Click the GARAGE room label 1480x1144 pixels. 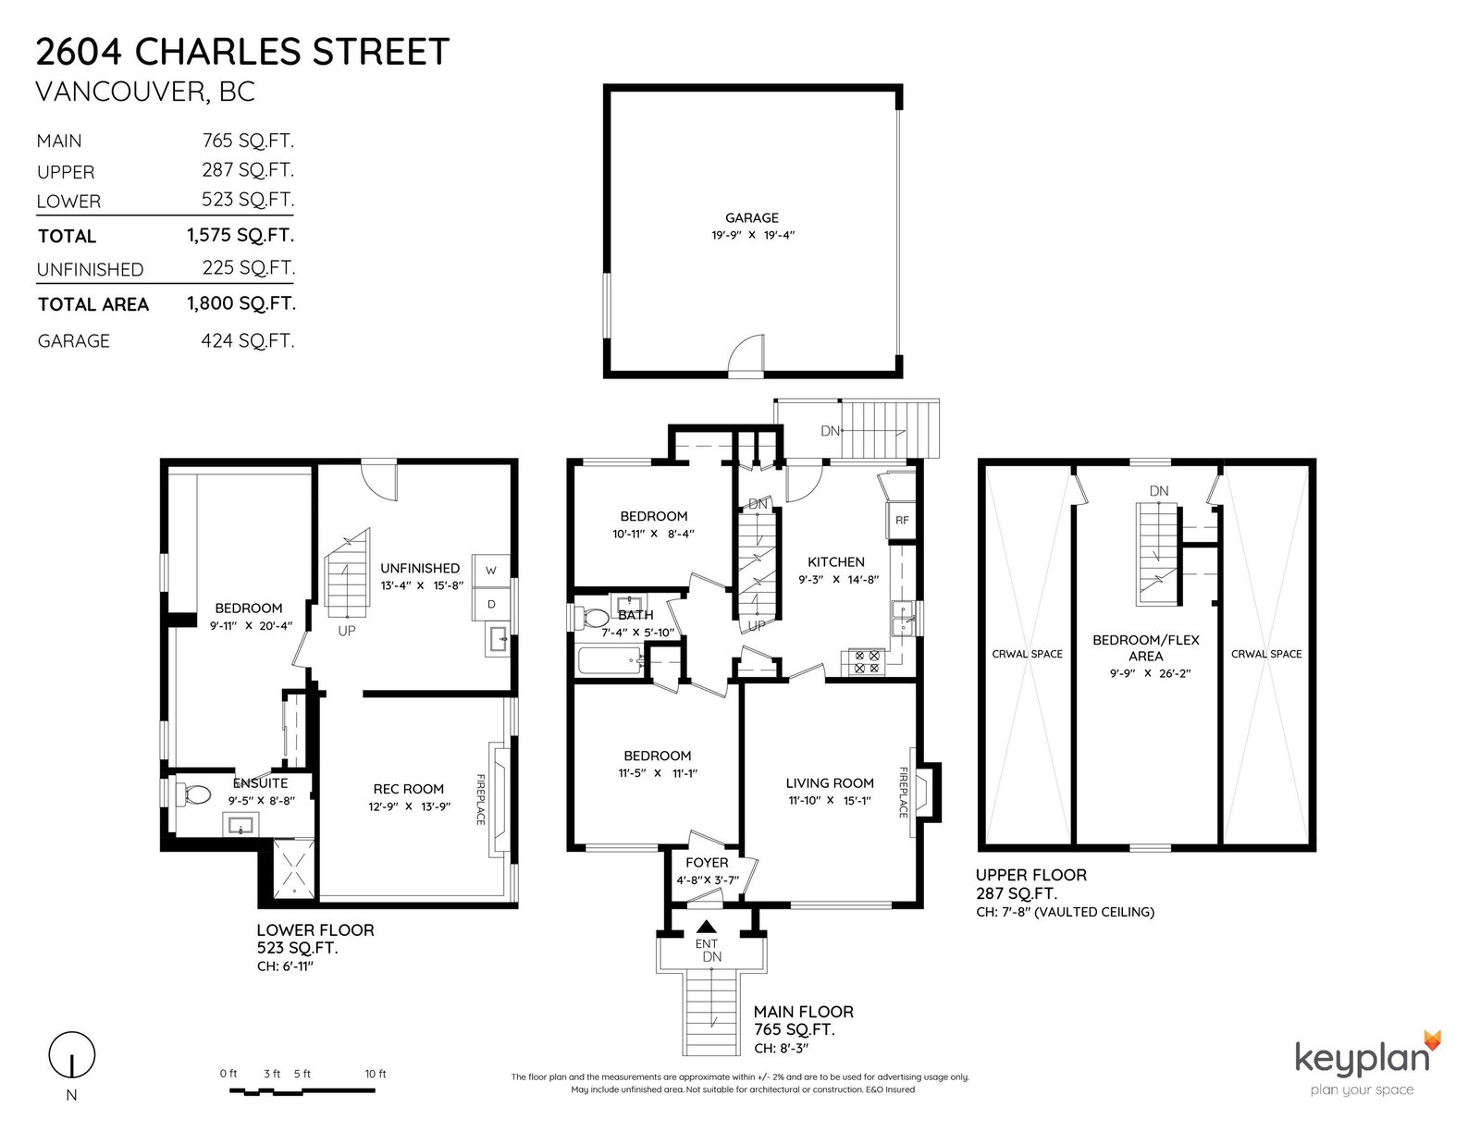(x=751, y=218)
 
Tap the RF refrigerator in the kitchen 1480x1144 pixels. (x=901, y=521)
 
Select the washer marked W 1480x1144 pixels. (x=491, y=570)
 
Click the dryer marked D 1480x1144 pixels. (x=491, y=604)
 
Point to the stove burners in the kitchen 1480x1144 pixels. (x=867, y=662)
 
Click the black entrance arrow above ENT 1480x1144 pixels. (x=707, y=926)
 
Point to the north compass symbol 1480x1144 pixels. (x=71, y=1055)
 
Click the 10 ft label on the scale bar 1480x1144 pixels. (x=376, y=1074)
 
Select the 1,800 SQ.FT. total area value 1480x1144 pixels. (x=241, y=303)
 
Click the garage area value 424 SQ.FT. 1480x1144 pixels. (x=247, y=340)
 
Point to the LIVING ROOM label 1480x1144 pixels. (x=830, y=783)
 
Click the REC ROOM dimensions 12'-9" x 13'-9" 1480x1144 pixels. (x=409, y=806)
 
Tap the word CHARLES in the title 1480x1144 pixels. (x=218, y=52)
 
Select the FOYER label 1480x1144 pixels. (x=707, y=863)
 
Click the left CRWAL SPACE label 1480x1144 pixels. (x=1027, y=654)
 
